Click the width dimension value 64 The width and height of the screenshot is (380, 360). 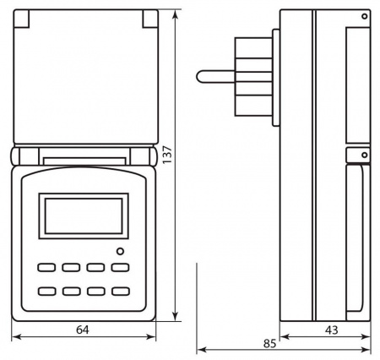point(83,331)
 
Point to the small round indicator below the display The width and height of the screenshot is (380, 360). point(121,251)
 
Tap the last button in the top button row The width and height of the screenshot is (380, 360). point(120,269)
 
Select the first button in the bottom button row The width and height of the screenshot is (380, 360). point(45,292)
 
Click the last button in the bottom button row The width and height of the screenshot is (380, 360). point(120,292)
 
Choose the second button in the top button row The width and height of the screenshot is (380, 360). point(70,269)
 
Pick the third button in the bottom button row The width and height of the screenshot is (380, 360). point(95,292)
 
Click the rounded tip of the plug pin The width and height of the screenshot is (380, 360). point(199,77)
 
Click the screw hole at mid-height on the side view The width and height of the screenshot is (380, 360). point(363,155)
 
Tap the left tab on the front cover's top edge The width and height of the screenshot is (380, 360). point(25,17)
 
